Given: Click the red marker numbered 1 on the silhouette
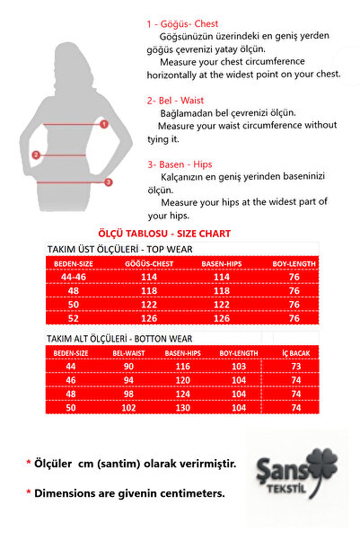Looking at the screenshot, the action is tap(104, 124).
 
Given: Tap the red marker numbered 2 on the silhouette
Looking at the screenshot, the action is tap(36, 155).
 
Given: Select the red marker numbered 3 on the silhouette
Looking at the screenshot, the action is tap(109, 182).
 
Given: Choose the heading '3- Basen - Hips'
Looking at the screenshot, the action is tap(181, 164).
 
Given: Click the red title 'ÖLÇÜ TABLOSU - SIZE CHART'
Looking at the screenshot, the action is tap(163, 234).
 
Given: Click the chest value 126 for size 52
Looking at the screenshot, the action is tap(149, 318).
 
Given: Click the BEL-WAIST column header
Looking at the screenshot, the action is tap(129, 353).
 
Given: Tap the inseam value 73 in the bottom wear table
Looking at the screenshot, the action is tap(296, 367).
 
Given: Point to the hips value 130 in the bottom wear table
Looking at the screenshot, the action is tap(183, 407).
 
